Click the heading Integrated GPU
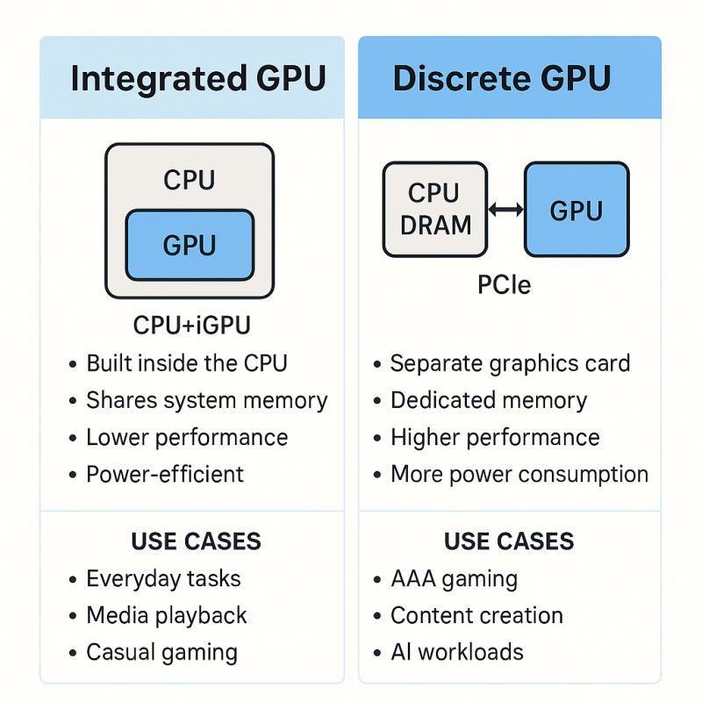pos(197,78)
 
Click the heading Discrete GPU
pos(501,78)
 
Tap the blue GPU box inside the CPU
pos(190,245)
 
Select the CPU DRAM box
pos(434,210)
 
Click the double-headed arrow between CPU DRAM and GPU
pos(505,210)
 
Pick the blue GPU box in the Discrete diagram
pos(576,210)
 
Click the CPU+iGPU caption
pos(191,326)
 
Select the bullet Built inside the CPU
pos(186,363)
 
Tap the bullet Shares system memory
pos(206,401)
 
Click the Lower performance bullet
pos(186,438)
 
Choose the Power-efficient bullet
pos(164,475)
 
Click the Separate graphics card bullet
pos(510,363)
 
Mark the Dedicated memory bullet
pos(488,401)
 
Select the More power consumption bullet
pos(519,475)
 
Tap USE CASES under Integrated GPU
pos(196,541)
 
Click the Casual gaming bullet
pos(161,653)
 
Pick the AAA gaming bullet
pos(454,579)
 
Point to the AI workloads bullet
pos(456,653)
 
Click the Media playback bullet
pos(166,616)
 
